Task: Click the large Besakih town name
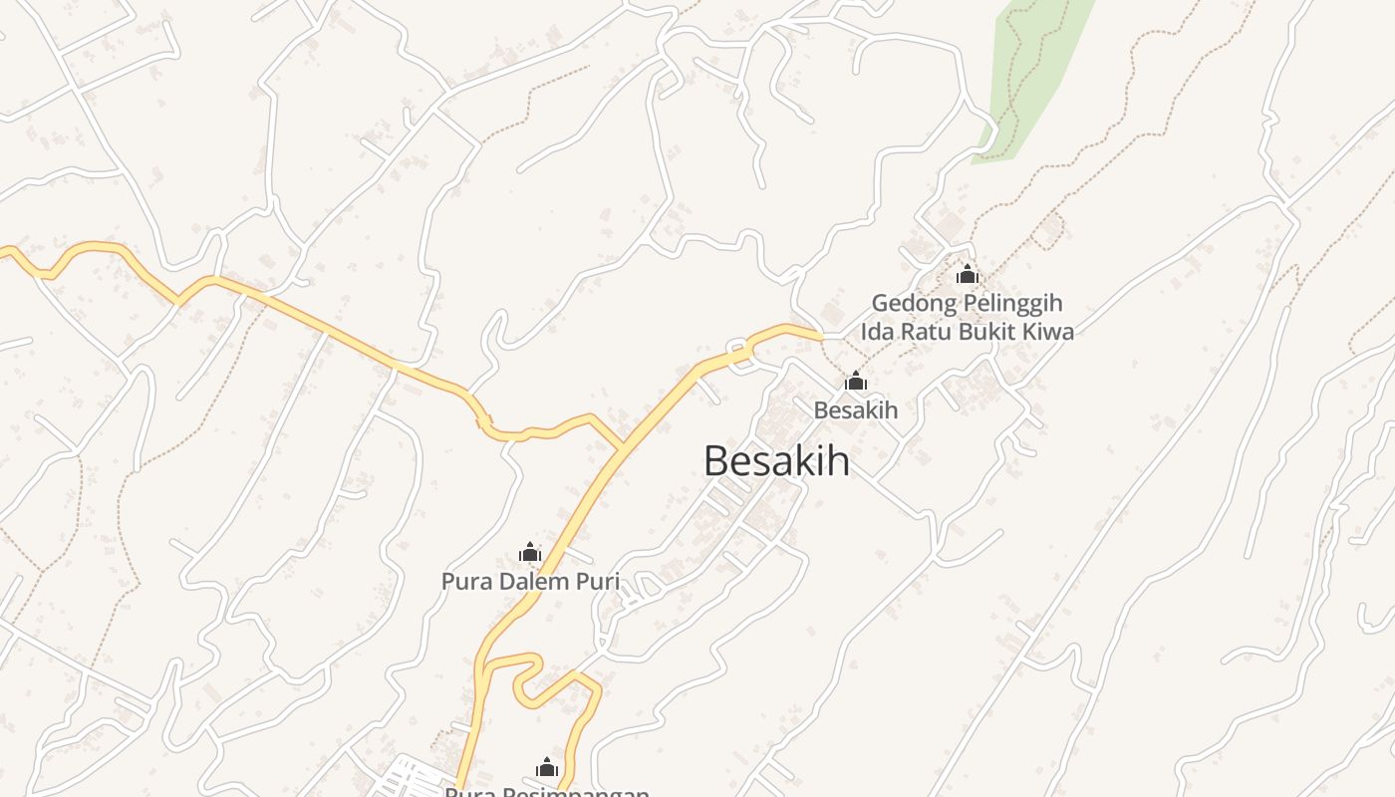(776, 461)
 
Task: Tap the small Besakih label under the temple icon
(855, 409)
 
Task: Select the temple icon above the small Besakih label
(855, 381)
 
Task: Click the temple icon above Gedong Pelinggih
(967, 274)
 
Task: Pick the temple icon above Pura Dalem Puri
(530, 552)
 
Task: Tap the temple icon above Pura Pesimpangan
(546, 767)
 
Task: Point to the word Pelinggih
(1012, 303)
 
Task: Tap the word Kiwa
(1048, 331)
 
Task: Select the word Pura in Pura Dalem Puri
(466, 581)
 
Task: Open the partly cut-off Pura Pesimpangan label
(546, 792)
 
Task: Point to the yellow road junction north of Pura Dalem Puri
(624, 447)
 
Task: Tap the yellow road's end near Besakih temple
(820, 336)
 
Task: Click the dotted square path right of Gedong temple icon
(1047, 231)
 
